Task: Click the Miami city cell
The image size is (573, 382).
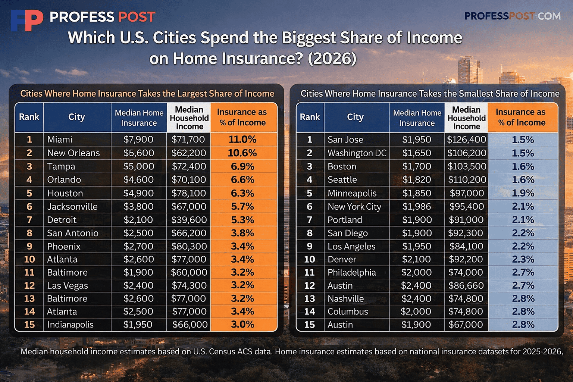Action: pyautogui.click(x=60, y=140)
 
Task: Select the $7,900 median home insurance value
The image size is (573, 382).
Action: pyautogui.click(x=138, y=140)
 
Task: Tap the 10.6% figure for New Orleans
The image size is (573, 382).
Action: pyautogui.click(x=242, y=153)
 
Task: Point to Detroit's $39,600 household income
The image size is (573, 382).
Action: pyautogui.click(x=189, y=220)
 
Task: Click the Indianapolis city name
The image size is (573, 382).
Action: pyautogui.click(x=70, y=325)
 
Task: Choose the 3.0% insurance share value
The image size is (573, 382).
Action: pyautogui.click(x=242, y=325)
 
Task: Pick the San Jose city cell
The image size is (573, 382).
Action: pyautogui.click(x=345, y=140)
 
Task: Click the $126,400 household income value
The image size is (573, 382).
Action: pyautogui.click(x=466, y=140)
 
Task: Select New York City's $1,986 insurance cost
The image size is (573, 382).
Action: pyautogui.click(x=417, y=206)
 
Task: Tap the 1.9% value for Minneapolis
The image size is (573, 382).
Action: pyautogui.click(x=523, y=193)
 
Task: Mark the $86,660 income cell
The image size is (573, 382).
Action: pyautogui.click(x=466, y=285)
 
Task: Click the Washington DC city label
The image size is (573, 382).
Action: pyautogui.click(x=357, y=153)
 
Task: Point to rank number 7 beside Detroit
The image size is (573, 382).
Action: pyautogui.click(x=29, y=220)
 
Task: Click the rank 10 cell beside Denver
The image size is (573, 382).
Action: pyautogui.click(x=310, y=259)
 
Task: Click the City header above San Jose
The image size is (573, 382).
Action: pyautogui.click(x=355, y=117)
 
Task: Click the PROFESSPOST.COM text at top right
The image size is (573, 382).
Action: pyautogui.click(x=512, y=16)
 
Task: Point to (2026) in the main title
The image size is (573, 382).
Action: pyautogui.click(x=332, y=59)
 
